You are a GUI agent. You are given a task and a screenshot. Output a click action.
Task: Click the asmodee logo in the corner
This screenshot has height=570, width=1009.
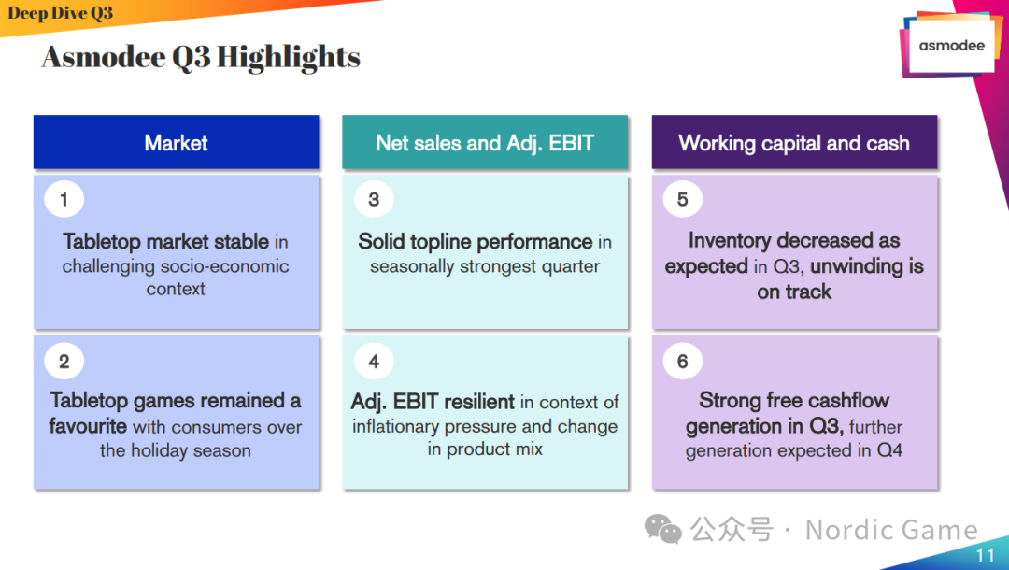coord(950,45)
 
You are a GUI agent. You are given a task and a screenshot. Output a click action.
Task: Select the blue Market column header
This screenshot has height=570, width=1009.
coord(177,142)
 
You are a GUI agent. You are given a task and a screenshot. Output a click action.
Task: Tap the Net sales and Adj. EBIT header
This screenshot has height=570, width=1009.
coord(485,142)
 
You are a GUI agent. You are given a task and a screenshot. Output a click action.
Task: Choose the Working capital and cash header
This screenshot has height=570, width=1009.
coord(795,142)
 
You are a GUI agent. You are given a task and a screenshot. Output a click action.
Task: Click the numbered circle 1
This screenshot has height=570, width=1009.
coord(64,199)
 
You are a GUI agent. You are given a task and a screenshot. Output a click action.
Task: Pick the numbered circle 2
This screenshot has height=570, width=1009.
coord(64,362)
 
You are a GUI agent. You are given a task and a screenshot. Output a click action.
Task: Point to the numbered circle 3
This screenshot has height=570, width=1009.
coord(373,199)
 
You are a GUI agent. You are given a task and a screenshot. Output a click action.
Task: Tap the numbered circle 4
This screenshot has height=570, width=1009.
coord(373,362)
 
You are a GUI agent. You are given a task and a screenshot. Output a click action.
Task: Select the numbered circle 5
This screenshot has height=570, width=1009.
coord(682,199)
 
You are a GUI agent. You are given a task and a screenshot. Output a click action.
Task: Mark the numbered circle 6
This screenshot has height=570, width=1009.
coord(682,362)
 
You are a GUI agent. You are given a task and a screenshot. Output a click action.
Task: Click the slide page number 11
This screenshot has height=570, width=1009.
coord(986,555)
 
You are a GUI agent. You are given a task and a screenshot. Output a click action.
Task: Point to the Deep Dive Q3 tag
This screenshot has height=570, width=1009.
coord(61,13)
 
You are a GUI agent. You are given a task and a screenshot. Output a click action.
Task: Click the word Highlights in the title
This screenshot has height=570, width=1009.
coord(289,57)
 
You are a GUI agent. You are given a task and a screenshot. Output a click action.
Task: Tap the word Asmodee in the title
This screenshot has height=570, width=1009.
coord(104,57)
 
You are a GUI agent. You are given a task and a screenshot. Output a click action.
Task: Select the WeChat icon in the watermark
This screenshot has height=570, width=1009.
coord(662,529)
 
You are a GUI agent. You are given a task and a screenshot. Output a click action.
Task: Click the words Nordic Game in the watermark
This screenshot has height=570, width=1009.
coord(891,530)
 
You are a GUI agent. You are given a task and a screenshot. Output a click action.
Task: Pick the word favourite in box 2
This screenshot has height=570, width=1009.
coord(88,426)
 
